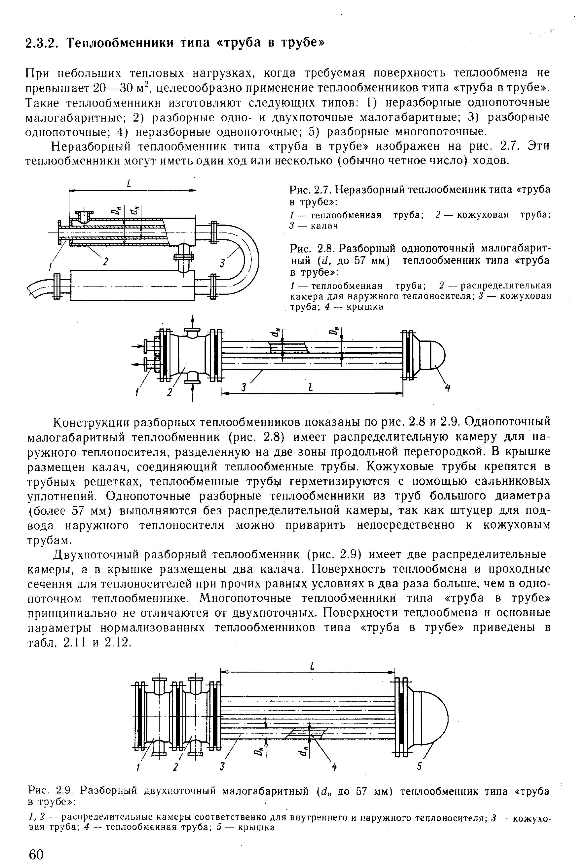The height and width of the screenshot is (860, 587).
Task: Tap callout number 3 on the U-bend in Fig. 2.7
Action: pos(222,263)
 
